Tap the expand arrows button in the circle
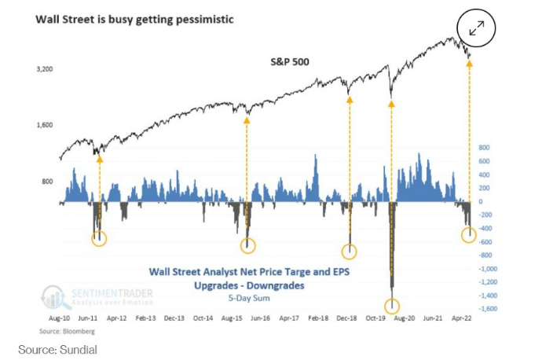point(478,29)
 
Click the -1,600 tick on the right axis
point(489,308)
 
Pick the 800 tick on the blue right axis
point(484,147)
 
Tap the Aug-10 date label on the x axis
point(60,321)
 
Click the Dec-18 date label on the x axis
point(346,321)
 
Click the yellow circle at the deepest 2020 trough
point(391,306)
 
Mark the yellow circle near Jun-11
point(99,239)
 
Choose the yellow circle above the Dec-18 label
point(350,252)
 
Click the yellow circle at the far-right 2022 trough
point(469,234)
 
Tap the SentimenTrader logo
point(99,296)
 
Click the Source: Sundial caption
point(58,349)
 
